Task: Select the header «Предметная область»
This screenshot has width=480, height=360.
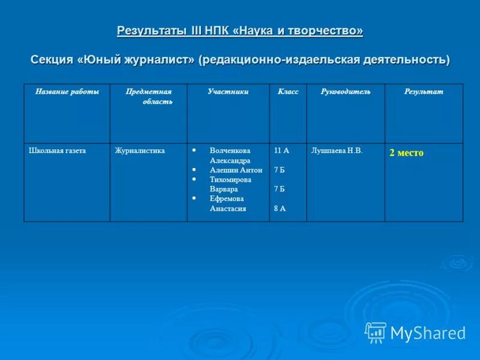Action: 148,97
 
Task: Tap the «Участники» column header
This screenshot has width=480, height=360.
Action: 228,92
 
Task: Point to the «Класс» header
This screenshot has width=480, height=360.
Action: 287,92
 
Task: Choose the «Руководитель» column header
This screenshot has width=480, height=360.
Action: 345,92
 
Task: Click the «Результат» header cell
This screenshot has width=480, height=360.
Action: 424,92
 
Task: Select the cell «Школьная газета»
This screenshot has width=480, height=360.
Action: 57,151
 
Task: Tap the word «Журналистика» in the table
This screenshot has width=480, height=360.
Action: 140,151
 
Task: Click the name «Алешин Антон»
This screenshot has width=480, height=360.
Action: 236,170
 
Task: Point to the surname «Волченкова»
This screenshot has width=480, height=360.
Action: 230,151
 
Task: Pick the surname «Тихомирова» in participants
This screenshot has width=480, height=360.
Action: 230,179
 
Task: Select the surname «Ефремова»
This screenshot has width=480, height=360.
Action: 226,199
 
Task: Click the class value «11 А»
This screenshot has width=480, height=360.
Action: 281,151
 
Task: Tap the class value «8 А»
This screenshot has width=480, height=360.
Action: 280,208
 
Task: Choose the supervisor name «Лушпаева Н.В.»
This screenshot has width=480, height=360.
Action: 337,151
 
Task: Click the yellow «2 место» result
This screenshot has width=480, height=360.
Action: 406,153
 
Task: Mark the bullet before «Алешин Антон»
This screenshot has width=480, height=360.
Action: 194,170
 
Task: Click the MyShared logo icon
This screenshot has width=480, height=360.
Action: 376,332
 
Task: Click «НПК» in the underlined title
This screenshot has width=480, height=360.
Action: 221,31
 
